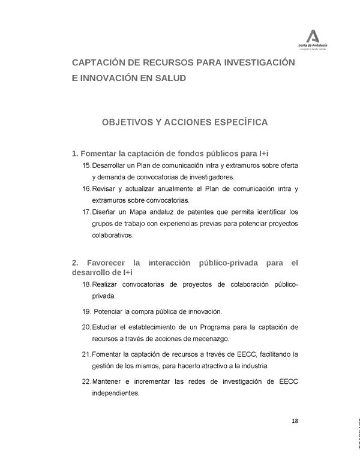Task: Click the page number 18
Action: [294, 420]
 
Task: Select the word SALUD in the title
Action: [170, 78]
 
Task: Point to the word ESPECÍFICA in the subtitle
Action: [238, 122]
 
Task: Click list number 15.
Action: [86, 165]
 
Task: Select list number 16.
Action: [86, 188]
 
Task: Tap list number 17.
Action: [86, 212]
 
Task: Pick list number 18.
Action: [86, 284]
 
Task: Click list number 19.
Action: [86, 311]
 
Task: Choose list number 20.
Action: [86, 327]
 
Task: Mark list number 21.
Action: [86, 354]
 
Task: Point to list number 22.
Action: [86, 381]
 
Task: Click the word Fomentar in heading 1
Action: [99, 154]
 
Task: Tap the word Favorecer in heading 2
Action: [107, 263]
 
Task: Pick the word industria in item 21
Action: [252, 366]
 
